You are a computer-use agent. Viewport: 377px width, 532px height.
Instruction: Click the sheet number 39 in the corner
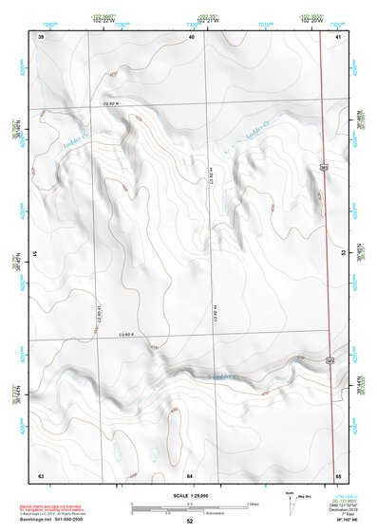coord(41,36)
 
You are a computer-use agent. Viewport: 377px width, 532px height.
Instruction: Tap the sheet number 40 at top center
coord(191,36)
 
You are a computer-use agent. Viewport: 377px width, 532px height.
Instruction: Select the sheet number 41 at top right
coord(338,36)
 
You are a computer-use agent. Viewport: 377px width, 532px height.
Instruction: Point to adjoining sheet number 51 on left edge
coord(37,254)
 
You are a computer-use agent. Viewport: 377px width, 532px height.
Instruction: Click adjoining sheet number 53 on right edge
coord(342,254)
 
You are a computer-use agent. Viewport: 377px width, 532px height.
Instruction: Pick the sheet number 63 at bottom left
coord(41,474)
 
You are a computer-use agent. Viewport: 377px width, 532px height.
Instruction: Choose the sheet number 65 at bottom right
coord(338,474)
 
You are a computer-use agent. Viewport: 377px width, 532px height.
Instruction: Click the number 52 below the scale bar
coord(190,522)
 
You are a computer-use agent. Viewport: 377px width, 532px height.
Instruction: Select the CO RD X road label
coord(128,335)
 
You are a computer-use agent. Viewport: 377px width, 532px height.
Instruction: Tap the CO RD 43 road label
coord(99,312)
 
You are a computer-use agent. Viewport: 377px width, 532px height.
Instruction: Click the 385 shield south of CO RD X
coord(330,360)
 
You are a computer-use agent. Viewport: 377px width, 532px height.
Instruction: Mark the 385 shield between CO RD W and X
coord(325,167)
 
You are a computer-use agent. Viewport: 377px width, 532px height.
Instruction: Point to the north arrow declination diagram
coord(290,504)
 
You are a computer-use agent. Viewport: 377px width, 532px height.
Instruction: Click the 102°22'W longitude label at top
coord(110,19)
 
